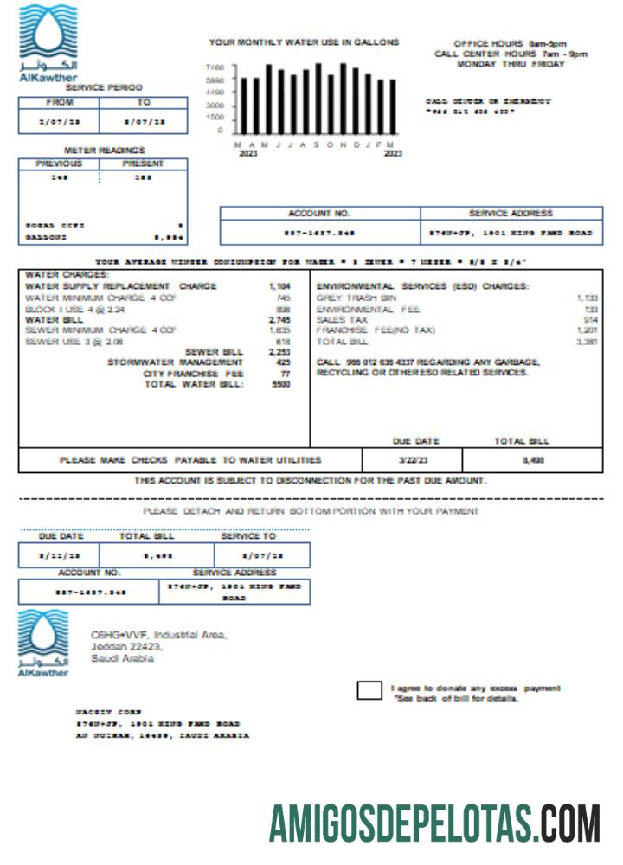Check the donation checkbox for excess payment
pos(369,690)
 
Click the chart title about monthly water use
pos(304,42)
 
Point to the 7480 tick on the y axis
pos(215,67)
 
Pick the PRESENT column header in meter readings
pos(144,163)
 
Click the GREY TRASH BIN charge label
pos(356,298)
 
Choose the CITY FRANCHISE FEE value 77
pos(285,374)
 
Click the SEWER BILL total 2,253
pos(279,352)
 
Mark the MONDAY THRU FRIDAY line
pos(511,64)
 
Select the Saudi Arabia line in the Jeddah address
pos(123,659)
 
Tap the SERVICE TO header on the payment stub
pos(247,536)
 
